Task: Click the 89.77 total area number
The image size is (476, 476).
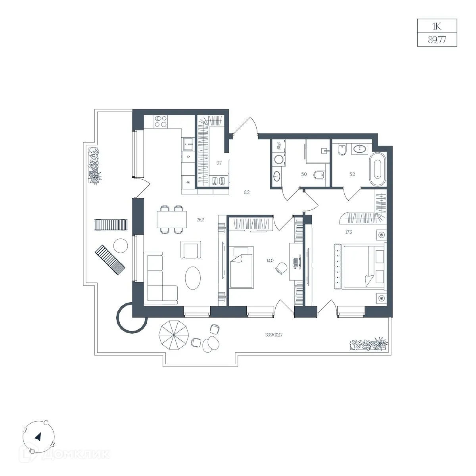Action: tap(437, 40)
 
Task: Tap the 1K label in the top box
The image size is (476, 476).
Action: tap(437, 26)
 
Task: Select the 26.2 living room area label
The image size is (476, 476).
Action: tap(200, 220)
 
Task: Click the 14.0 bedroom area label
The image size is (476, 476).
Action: tap(270, 260)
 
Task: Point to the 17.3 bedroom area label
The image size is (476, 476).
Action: tap(349, 232)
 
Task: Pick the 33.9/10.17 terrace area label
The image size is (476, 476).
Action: tap(274, 335)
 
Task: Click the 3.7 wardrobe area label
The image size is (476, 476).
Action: tap(219, 163)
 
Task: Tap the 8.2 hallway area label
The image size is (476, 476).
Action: tap(247, 192)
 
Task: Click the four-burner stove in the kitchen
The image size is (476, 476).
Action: tap(161, 121)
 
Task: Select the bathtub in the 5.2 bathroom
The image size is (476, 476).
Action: tap(377, 169)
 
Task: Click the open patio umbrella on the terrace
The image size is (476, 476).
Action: tap(174, 335)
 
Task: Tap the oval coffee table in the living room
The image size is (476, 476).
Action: tap(193, 278)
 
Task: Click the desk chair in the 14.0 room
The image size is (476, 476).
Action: tap(281, 268)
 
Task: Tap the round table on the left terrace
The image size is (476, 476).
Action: tap(121, 245)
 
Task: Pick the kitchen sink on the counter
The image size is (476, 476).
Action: tap(188, 144)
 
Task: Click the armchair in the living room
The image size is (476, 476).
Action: tap(191, 250)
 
